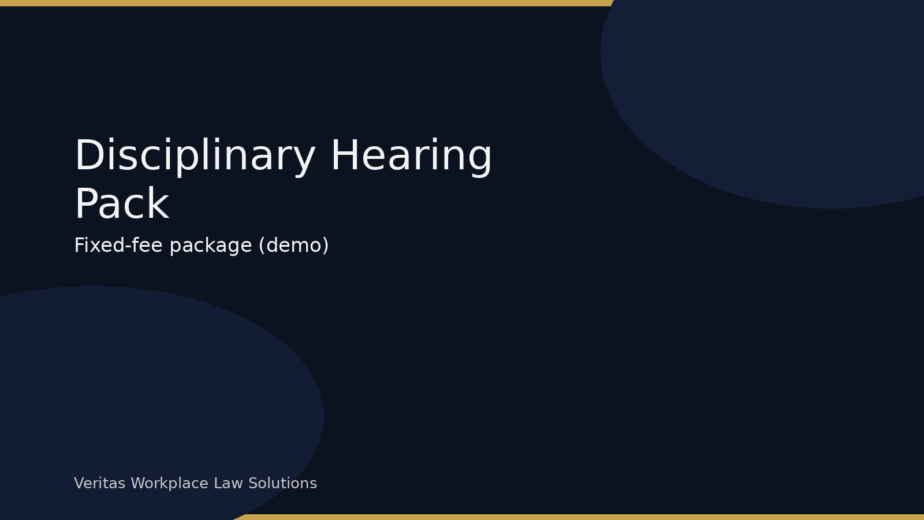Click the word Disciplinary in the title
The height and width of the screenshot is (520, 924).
[195, 156]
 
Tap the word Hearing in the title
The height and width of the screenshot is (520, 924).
[411, 156]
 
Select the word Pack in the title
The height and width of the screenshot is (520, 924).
[122, 205]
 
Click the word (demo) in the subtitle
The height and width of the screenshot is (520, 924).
[293, 246]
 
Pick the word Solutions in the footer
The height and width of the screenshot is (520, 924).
[282, 484]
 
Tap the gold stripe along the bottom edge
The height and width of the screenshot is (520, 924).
[577, 517]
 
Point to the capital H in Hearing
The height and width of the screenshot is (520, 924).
[343, 156]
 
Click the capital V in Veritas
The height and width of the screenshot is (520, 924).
[79, 484]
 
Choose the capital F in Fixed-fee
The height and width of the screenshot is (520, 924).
[79, 246]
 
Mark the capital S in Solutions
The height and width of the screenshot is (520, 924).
[252, 484]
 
